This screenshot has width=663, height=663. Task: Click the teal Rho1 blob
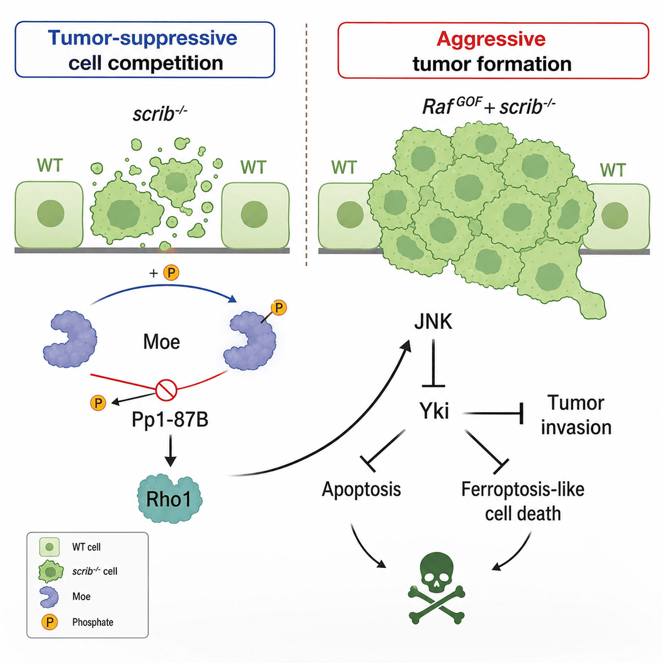click(169, 498)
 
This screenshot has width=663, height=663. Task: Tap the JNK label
click(433, 321)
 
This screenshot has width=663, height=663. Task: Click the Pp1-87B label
click(170, 420)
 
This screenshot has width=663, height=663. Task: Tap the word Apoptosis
click(361, 489)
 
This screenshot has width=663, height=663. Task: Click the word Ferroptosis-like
click(522, 489)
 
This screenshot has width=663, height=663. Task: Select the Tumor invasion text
click(576, 415)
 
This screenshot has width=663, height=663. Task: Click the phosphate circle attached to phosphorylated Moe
click(279, 308)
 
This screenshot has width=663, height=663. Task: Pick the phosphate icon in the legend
click(50, 622)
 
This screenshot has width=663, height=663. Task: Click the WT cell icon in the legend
click(49, 547)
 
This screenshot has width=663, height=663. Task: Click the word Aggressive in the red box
click(491, 39)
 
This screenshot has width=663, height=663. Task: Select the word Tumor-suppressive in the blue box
click(142, 38)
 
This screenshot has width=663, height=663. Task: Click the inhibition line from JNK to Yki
click(433, 363)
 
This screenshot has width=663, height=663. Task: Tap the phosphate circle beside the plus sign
click(171, 273)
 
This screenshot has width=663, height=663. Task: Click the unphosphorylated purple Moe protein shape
click(70, 339)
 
